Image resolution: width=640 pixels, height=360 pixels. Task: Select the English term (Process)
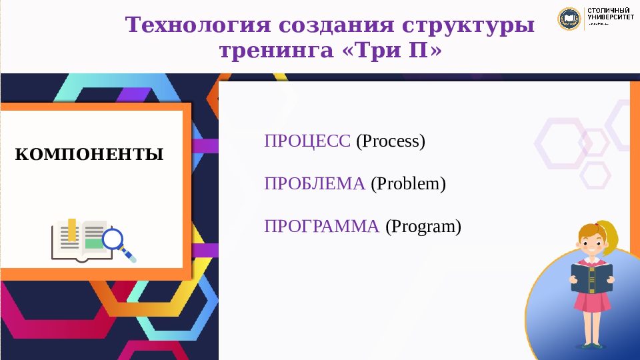(390, 141)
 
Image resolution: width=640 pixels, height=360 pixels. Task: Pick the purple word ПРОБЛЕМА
(315, 184)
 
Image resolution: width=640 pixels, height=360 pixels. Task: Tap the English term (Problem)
(408, 184)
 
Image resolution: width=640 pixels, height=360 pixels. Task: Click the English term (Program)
(423, 227)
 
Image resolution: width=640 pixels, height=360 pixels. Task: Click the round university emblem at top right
(569, 19)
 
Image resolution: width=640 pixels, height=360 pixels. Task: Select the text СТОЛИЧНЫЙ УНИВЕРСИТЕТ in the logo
(609, 15)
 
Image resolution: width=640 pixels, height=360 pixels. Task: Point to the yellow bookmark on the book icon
(71, 229)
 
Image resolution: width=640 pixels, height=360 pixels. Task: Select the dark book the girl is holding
(591, 277)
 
